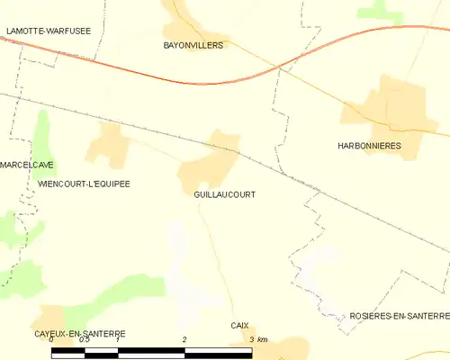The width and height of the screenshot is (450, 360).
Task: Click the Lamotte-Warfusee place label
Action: (48, 31)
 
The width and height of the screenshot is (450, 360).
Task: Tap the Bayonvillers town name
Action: (193, 44)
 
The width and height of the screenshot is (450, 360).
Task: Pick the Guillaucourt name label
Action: (224, 194)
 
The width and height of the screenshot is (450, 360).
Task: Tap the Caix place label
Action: (238, 325)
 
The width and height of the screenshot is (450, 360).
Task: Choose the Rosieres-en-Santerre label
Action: (400, 316)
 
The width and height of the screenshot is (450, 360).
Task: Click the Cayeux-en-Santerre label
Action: (67, 334)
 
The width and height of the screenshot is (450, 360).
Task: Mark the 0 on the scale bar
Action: (51, 340)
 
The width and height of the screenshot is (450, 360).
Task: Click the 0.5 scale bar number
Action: (84, 340)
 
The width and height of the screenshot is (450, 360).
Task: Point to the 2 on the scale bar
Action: (184, 340)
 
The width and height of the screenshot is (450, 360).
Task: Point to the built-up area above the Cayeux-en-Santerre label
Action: (52, 318)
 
